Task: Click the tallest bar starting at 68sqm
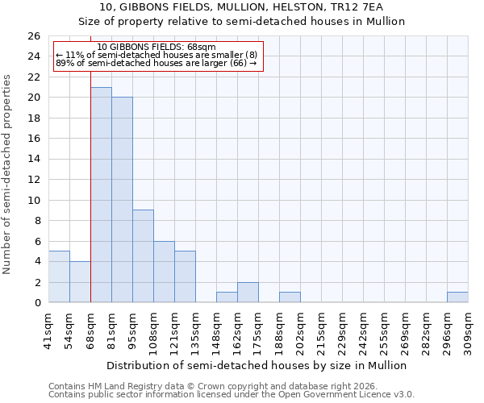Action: point(101,194)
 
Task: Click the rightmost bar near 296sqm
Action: point(457,297)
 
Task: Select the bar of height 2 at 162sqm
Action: point(248,292)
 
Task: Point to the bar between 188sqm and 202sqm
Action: point(290,297)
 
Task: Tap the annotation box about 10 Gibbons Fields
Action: point(158,56)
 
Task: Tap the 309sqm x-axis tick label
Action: point(468,328)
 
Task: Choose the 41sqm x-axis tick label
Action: point(48,328)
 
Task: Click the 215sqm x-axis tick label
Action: point(321,328)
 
